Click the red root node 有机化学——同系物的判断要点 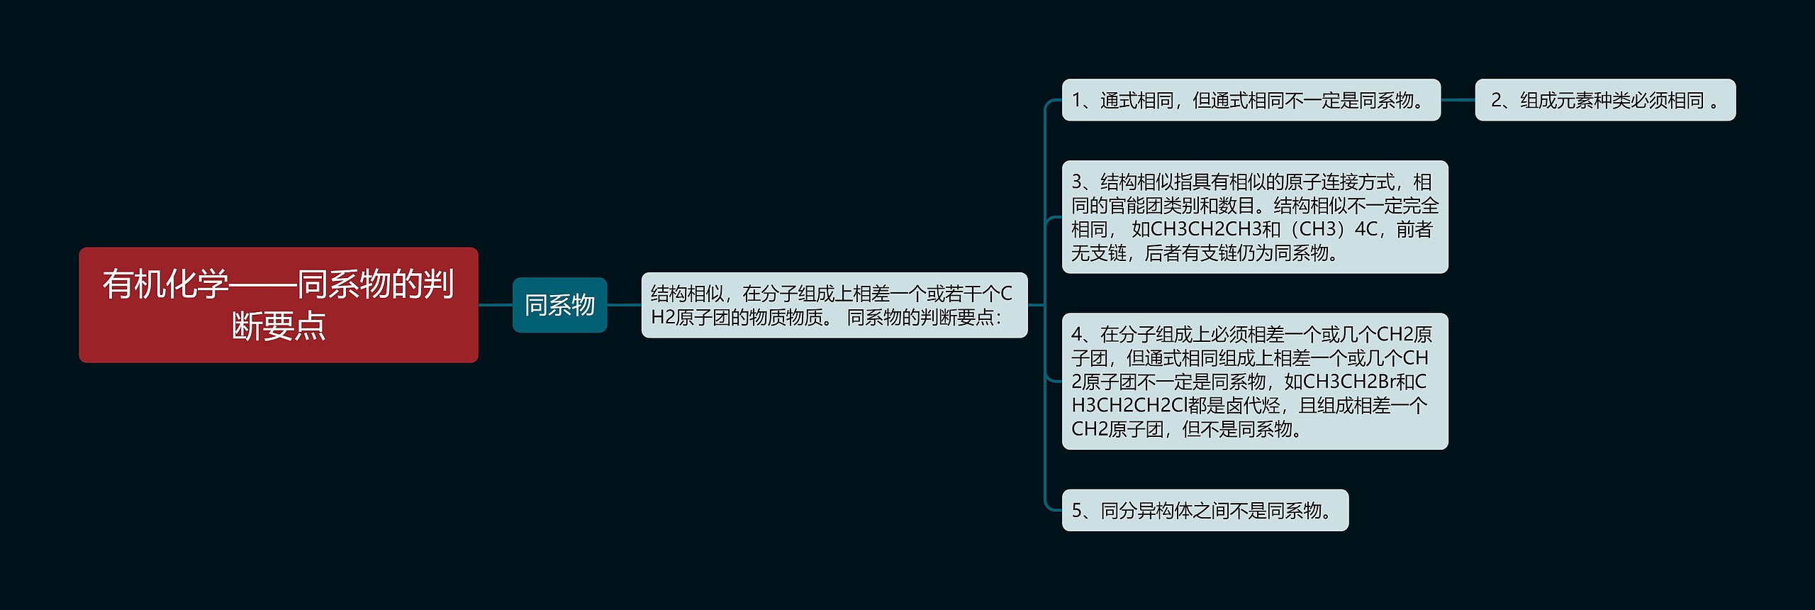pos(278,305)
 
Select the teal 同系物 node pos(559,305)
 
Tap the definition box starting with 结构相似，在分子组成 pos(834,305)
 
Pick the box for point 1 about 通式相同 pos(1251,100)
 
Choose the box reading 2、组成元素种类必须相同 pos(1605,100)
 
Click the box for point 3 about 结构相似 pos(1254,217)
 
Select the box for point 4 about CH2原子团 pos(1254,381)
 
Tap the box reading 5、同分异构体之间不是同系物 pos(1205,510)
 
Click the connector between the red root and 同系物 pos(495,305)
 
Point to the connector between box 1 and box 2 pos(1458,100)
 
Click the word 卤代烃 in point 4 pos(1253,405)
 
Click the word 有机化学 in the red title pos(166,284)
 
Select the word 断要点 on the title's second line pos(278,326)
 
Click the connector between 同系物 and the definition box pos(624,305)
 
